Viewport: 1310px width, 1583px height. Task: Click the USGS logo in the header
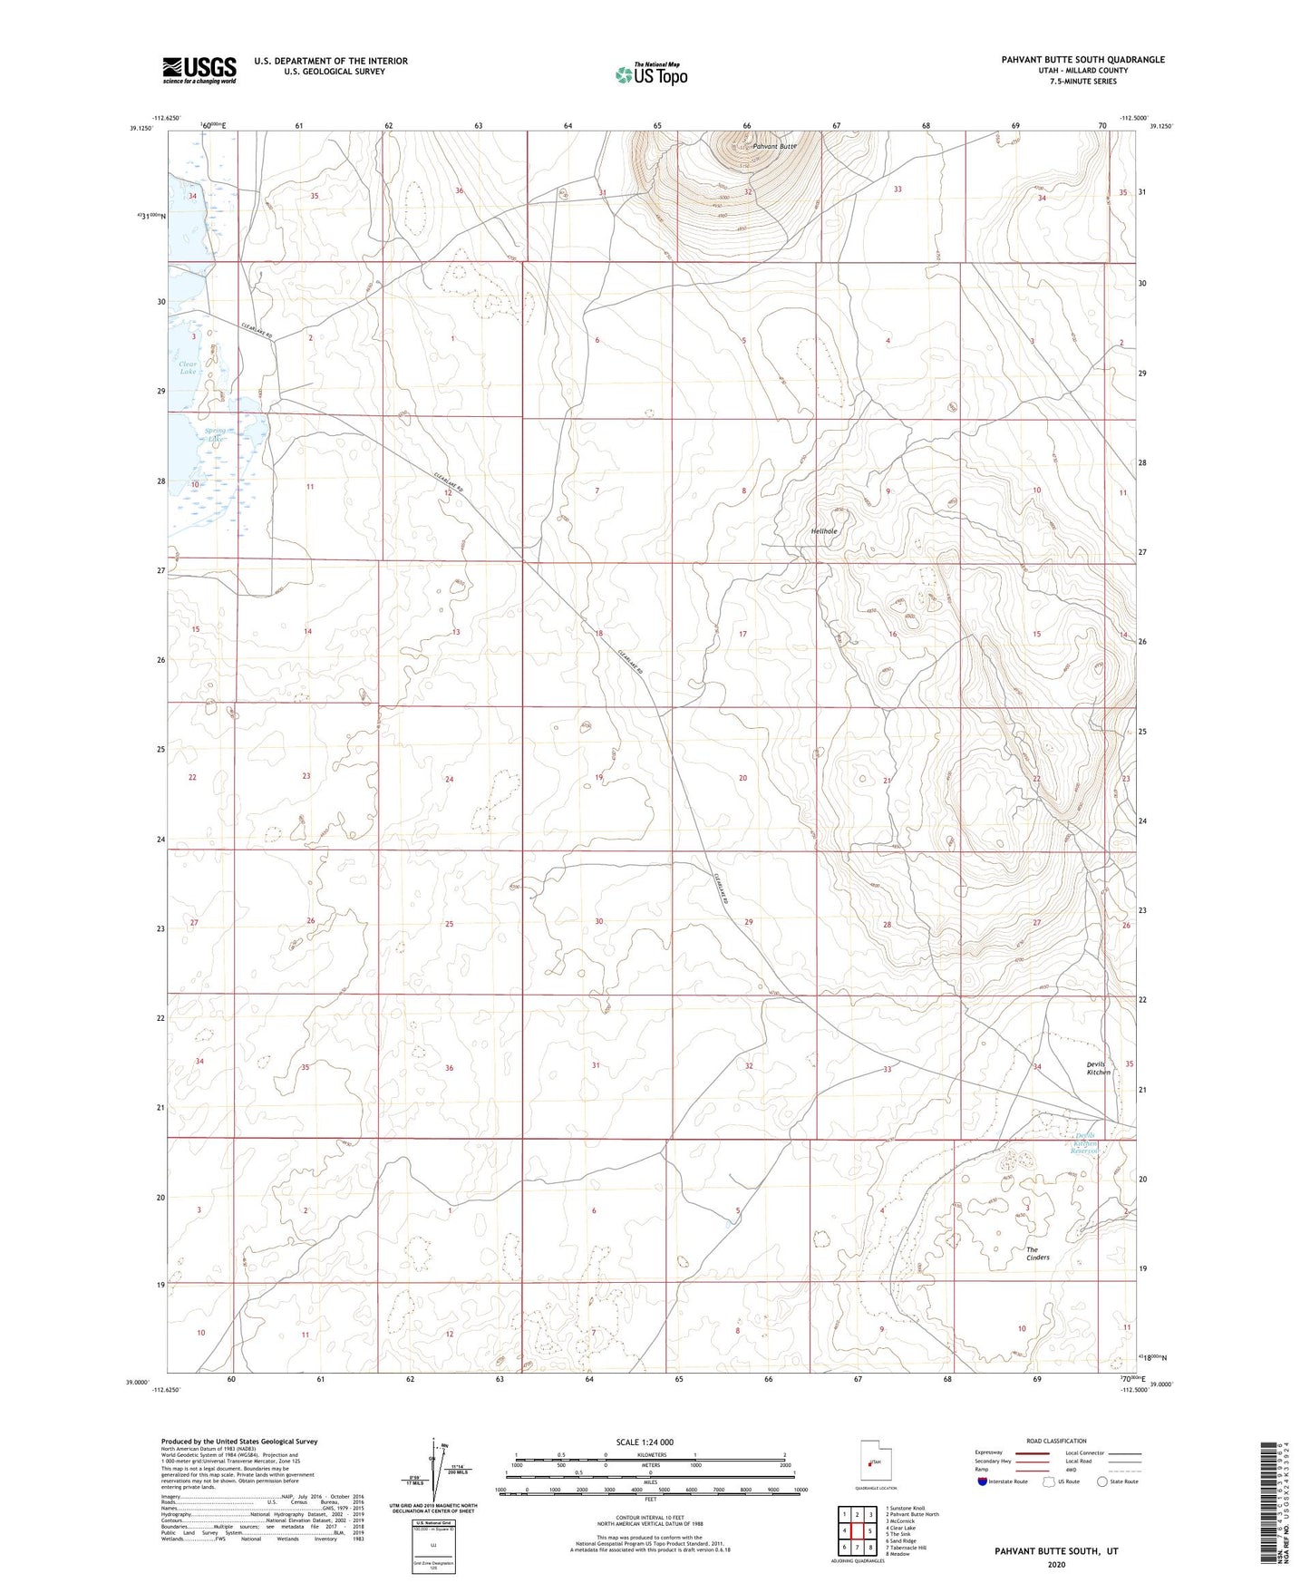pos(199,70)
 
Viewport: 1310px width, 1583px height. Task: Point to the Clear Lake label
pos(188,367)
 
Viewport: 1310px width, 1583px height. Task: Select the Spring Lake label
pos(215,435)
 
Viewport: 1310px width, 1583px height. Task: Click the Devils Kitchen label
pos(1098,1068)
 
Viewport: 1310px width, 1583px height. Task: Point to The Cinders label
pos(1037,1254)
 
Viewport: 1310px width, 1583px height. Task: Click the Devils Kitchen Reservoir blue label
pos(1085,1142)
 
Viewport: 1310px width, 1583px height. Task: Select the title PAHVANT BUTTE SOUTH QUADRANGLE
pos(1082,60)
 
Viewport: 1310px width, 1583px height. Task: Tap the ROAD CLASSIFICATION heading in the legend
pos(1056,1441)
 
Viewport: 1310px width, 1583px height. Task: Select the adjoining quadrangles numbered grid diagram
pos(856,1531)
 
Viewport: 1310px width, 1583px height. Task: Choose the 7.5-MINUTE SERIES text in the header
pos(1082,82)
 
